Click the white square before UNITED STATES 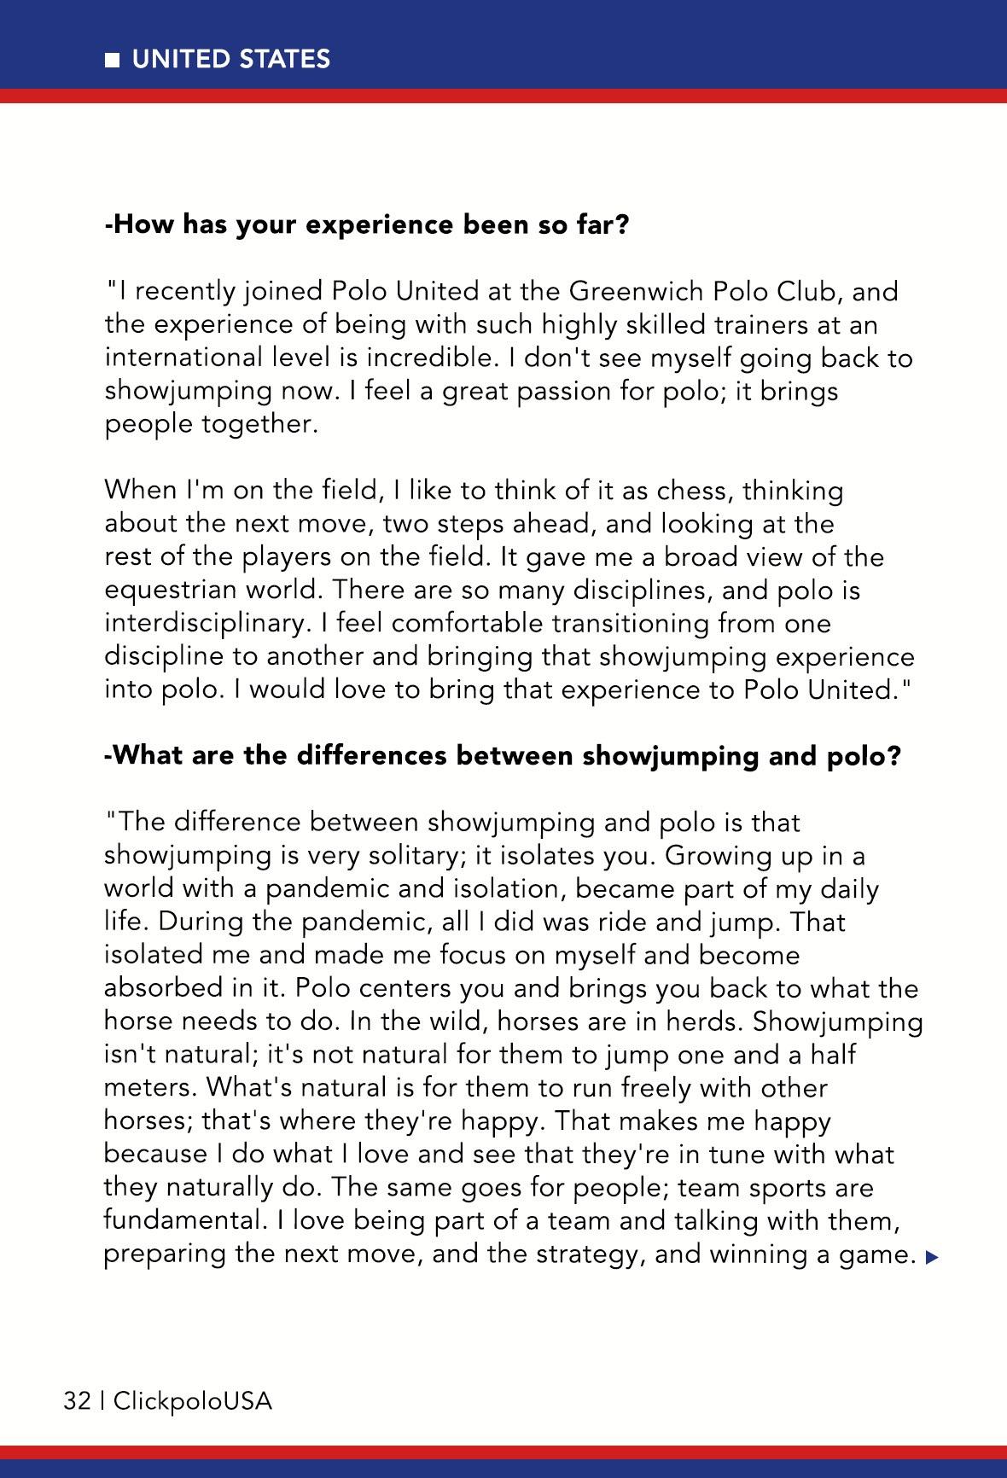click(112, 61)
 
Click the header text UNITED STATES click(231, 59)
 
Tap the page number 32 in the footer click(77, 1400)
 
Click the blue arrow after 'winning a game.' click(931, 1256)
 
